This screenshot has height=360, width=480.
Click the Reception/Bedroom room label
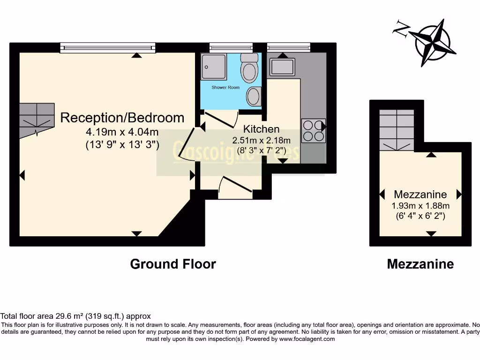click(x=122, y=118)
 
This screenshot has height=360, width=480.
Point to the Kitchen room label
click(x=261, y=129)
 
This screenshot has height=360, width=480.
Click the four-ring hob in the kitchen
click(x=314, y=131)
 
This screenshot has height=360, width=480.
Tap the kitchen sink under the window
click(x=282, y=67)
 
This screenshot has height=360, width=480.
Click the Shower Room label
click(x=225, y=88)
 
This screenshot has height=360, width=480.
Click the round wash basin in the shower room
click(x=254, y=97)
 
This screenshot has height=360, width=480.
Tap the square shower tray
click(x=214, y=67)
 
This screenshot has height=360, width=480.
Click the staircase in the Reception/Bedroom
click(x=37, y=119)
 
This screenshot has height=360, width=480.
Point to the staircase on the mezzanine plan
click(x=397, y=129)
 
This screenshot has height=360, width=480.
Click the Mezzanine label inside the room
click(x=420, y=194)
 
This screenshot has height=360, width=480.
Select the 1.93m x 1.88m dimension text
click(x=420, y=206)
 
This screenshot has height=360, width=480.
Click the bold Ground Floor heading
click(x=173, y=264)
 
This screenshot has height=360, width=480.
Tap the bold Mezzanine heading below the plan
click(x=420, y=264)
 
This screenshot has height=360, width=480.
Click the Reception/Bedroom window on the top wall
click(x=107, y=47)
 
